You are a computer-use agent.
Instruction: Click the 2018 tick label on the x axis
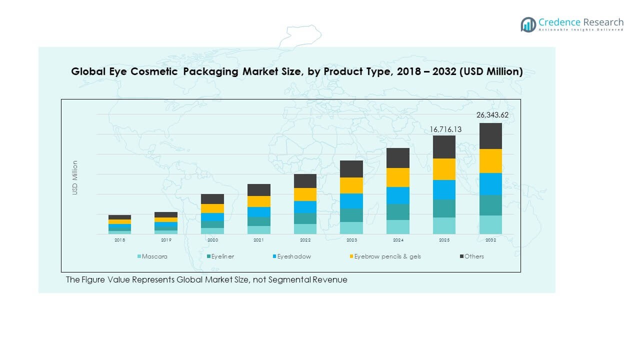pyautogui.click(x=120, y=240)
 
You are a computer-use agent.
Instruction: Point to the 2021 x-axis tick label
pyautogui.click(x=258, y=240)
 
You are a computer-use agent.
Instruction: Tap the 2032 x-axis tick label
pyautogui.click(x=490, y=240)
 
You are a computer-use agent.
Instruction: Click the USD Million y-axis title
pyautogui.click(x=75, y=177)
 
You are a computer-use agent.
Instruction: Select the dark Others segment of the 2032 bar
pyautogui.click(x=490, y=136)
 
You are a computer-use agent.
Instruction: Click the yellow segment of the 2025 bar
pyautogui.click(x=444, y=169)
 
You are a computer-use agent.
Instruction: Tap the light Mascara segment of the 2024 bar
pyautogui.click(x=398, y=227)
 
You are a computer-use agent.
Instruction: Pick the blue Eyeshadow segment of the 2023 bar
pyautogui.click(x=351, y=201)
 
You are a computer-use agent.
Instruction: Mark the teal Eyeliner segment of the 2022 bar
pyautogui.click(x=305, y=218)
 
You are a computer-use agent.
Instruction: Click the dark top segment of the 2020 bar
pyautogui.click(x=212, y=199)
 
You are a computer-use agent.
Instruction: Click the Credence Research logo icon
pyautogui.click(x=528, y=24)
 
